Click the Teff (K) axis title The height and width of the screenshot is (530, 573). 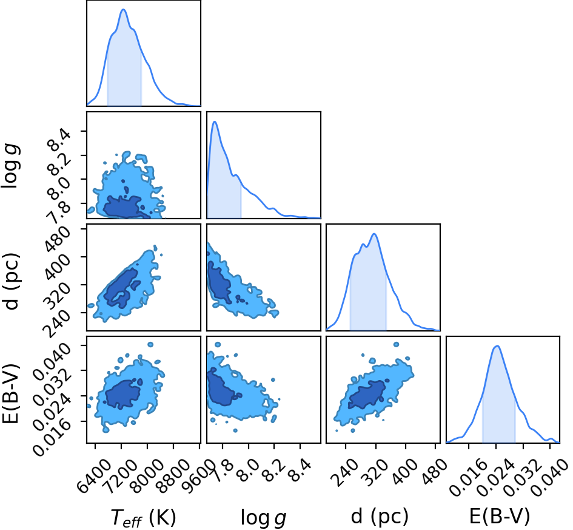coord(143,518)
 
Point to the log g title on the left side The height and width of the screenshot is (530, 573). coord(10,166)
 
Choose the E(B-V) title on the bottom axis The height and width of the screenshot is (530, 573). coord(499,517)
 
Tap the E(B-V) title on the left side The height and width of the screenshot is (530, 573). coord(10,393)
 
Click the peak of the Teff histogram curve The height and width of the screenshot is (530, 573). coord(123,10)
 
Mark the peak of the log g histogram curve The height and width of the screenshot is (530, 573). coord(215,122)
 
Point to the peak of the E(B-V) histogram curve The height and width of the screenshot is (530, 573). coord(497,346)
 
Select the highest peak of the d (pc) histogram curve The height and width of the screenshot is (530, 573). coord(374,234)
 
